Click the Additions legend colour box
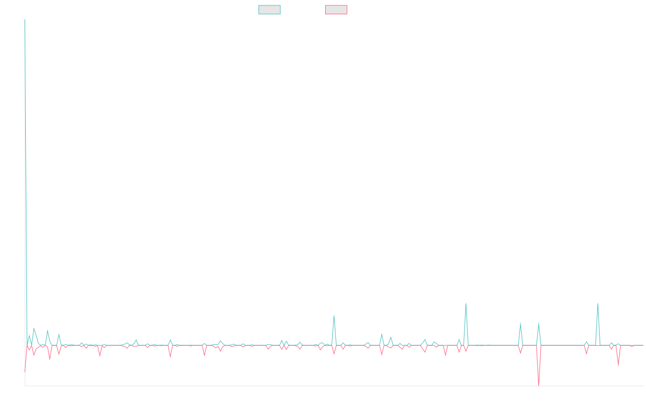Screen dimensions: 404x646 [x=270, y=10]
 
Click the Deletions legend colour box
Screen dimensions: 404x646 [x=336, y=10]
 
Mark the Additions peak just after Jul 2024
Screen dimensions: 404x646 [x=466, y=304]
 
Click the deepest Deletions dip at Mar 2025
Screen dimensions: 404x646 [x=539, y=386]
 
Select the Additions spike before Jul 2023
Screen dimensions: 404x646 [x=334, y=316]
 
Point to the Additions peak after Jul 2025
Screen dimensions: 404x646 [x=598, y=304]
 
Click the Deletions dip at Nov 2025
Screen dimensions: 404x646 [x=618, y=364]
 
